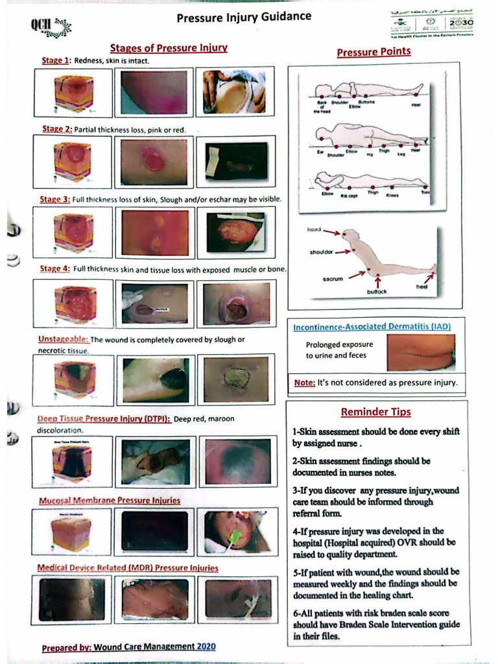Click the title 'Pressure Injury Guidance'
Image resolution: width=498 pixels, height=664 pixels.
(x=243, y=17)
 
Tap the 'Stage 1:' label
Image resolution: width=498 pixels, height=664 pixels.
(x=56, y=61)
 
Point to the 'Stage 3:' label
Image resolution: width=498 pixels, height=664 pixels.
(x=56, y=199)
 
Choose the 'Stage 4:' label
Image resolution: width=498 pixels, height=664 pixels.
(x=55, y=269)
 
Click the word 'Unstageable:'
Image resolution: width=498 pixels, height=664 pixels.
(x=63, y=339)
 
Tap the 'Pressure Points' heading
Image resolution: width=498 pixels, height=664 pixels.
(x=373, y=52)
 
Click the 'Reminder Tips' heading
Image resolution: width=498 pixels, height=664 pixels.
(x=375, y=412)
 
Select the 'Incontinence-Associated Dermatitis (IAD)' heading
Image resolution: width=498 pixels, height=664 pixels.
(x=372, y=326)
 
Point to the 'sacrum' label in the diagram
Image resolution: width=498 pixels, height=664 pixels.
(x=333, y=279)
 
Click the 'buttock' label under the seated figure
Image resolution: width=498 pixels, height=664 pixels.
(x=377, y=292)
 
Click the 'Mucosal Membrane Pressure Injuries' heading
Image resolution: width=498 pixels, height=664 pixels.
(x=109, y=500)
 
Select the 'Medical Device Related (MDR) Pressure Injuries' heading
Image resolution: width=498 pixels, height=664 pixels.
(x=128, y=568)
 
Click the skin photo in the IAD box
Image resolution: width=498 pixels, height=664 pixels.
(x=420, y=352)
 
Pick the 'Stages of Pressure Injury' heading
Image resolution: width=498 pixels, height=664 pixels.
(x=168, y=48)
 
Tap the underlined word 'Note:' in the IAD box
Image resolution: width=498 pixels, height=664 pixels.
(x=305, y=383)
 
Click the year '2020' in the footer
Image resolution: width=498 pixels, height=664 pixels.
(x=206, y=646)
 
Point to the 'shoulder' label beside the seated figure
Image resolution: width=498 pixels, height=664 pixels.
(x=321, y=252)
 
